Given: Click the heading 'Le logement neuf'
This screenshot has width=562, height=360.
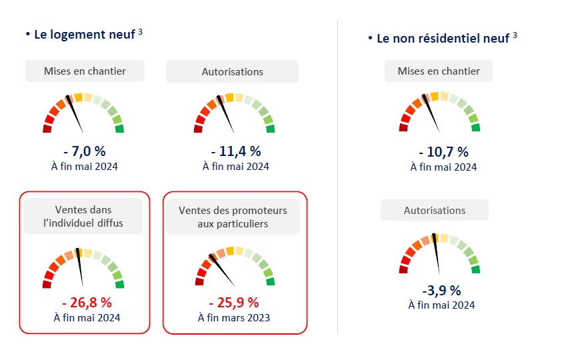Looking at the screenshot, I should [x=85, y=34].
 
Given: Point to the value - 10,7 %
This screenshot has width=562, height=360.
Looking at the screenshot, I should [x=443, y=152].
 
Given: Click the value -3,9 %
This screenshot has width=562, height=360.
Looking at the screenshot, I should [x=441, y=291].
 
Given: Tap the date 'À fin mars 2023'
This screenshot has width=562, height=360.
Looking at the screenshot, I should [x=234, y=317].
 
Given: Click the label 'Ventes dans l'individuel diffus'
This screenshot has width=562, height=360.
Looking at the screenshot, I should [x=84, y=216].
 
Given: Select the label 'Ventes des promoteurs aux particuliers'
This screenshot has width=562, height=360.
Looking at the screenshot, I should [x=233, y=217].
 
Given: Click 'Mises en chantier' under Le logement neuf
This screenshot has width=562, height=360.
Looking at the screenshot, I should [x=85, y=71].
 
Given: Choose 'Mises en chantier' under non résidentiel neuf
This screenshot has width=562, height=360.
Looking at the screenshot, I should [x=439, y=71].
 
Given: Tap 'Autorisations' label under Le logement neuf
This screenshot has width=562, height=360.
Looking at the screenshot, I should [x=233, y=71].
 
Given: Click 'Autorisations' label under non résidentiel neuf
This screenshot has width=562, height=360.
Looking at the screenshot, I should [x=435, y=210].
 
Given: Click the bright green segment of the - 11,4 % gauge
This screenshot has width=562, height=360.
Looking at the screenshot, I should [x=269, y=129].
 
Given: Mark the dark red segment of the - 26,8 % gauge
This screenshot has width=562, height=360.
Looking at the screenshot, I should [x=47, y=284].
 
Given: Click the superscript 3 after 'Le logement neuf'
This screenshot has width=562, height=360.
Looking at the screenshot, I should [x=140, y=31].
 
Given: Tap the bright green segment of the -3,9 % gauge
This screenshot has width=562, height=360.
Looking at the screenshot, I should [x=475, y=269].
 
